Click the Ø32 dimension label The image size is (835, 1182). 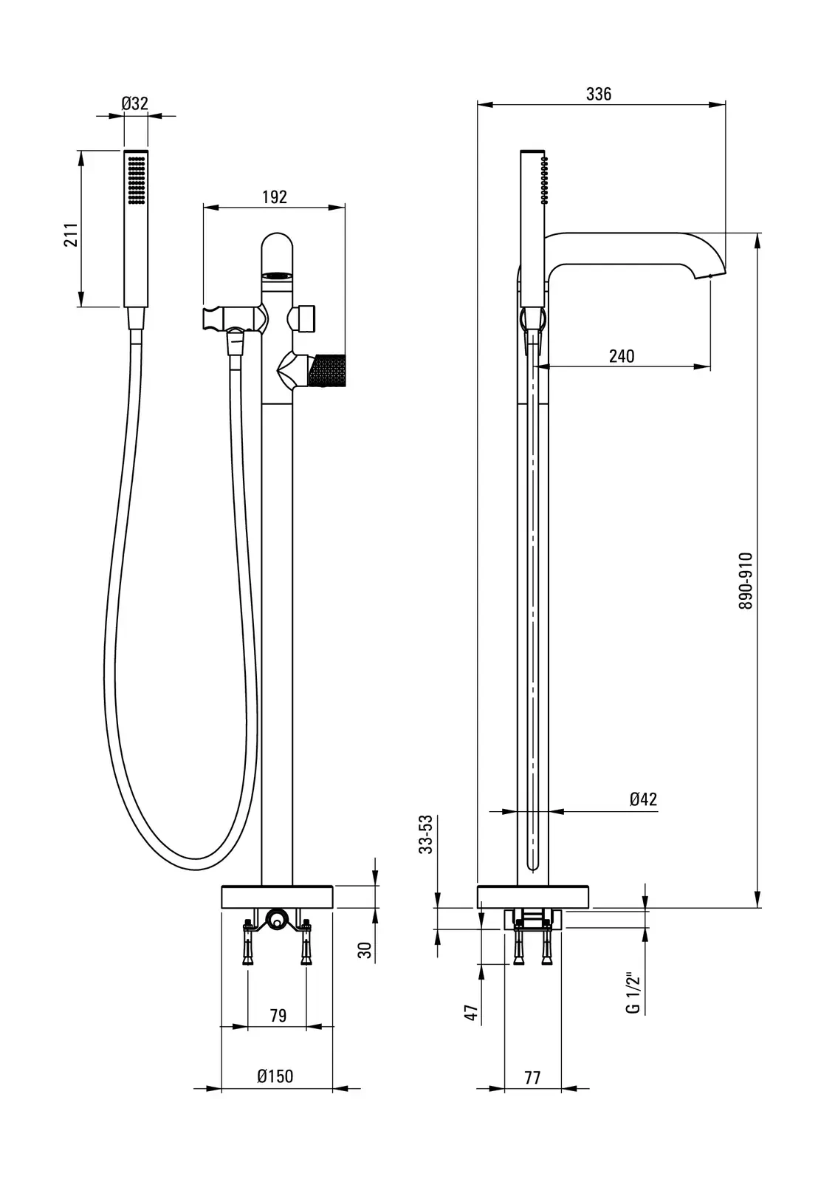point(135,103)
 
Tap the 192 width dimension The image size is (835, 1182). point(274,197)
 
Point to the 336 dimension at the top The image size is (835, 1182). point(599,94)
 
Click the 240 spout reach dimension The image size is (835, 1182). point(622,356)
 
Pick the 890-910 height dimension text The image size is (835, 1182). point(746,581)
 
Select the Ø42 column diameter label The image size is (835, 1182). point(643,799)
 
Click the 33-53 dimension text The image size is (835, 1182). point(426,836)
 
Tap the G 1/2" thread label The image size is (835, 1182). point(633,994)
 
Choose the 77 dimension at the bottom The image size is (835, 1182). point(532,1078)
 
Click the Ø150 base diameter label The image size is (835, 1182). point(275,1076)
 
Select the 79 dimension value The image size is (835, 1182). point(278,1016)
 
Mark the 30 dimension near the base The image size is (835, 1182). point(365,949)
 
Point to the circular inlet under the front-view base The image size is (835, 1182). point(276,920)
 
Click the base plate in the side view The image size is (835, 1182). point(533,896)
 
